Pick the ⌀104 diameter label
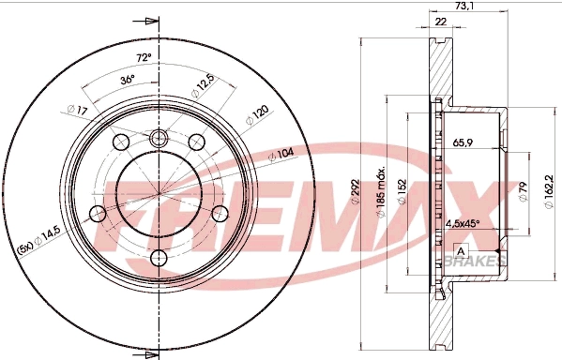click(281, 155)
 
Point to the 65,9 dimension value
click(463, 143)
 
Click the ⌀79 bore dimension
click(523, 192)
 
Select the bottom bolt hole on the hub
click(158, 257)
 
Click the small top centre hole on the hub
click(158, 139)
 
